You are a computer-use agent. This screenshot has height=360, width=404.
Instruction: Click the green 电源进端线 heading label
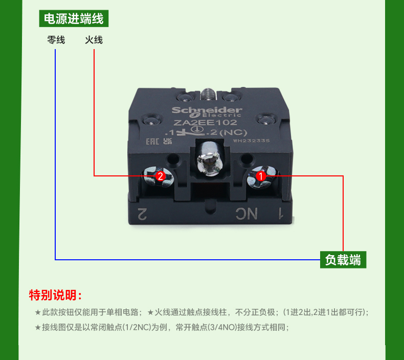pos(74,19)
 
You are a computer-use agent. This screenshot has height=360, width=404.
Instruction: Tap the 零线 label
pos(56,39)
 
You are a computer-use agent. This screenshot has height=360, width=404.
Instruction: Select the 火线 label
pos(94,39)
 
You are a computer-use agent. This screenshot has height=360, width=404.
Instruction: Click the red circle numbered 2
pos(160,176)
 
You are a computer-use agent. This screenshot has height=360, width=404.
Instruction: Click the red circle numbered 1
pos(260,176)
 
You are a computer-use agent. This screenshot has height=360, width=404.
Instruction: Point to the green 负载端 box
pos(343,260)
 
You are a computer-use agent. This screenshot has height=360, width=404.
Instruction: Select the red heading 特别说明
pos(55,296)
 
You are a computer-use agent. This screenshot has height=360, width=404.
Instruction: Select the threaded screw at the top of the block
pos(207,94)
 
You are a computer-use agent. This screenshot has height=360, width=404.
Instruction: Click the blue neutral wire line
pos(55,153)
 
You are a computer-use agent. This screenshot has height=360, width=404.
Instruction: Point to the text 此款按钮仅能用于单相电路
pos(90,312)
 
